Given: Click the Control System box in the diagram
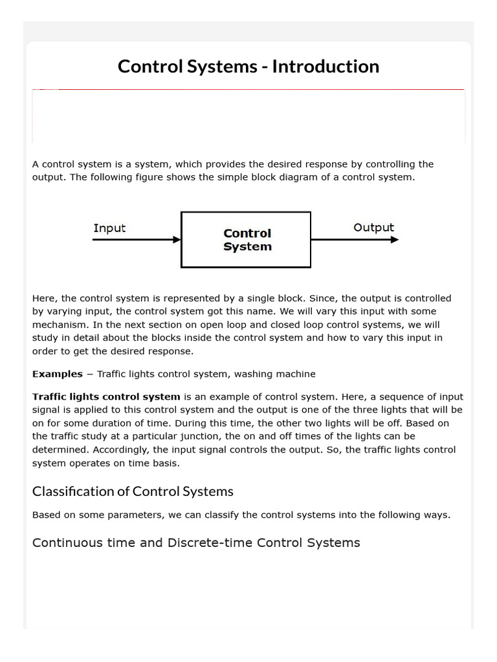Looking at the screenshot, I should tap(246, 239).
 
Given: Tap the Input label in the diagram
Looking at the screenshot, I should tap(109, 228).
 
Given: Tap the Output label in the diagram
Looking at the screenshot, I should tap(373, 228).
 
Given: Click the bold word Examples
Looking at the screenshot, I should tap(57, 374).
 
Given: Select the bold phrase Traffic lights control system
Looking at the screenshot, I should tap(106, 396).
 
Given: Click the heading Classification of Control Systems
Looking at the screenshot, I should tap(133, 491).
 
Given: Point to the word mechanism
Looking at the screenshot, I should tap(58, 325).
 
